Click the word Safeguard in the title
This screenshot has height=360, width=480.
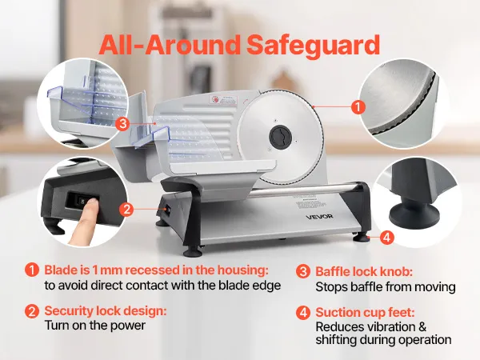coord(313,46)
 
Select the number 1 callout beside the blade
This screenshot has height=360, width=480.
coord(358,107)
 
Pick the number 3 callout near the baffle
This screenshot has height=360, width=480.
coord(122,124)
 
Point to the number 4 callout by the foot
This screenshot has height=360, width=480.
coord(386,238)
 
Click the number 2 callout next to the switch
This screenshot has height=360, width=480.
coord(126,210)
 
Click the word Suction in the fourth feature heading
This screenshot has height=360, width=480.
coord(336,313)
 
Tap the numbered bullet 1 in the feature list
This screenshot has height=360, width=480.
coord(32,270)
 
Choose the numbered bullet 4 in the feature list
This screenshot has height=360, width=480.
coord(303,313)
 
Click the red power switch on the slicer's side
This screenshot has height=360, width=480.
coord(166,210)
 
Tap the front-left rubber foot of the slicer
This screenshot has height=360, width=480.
coord(193,252)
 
